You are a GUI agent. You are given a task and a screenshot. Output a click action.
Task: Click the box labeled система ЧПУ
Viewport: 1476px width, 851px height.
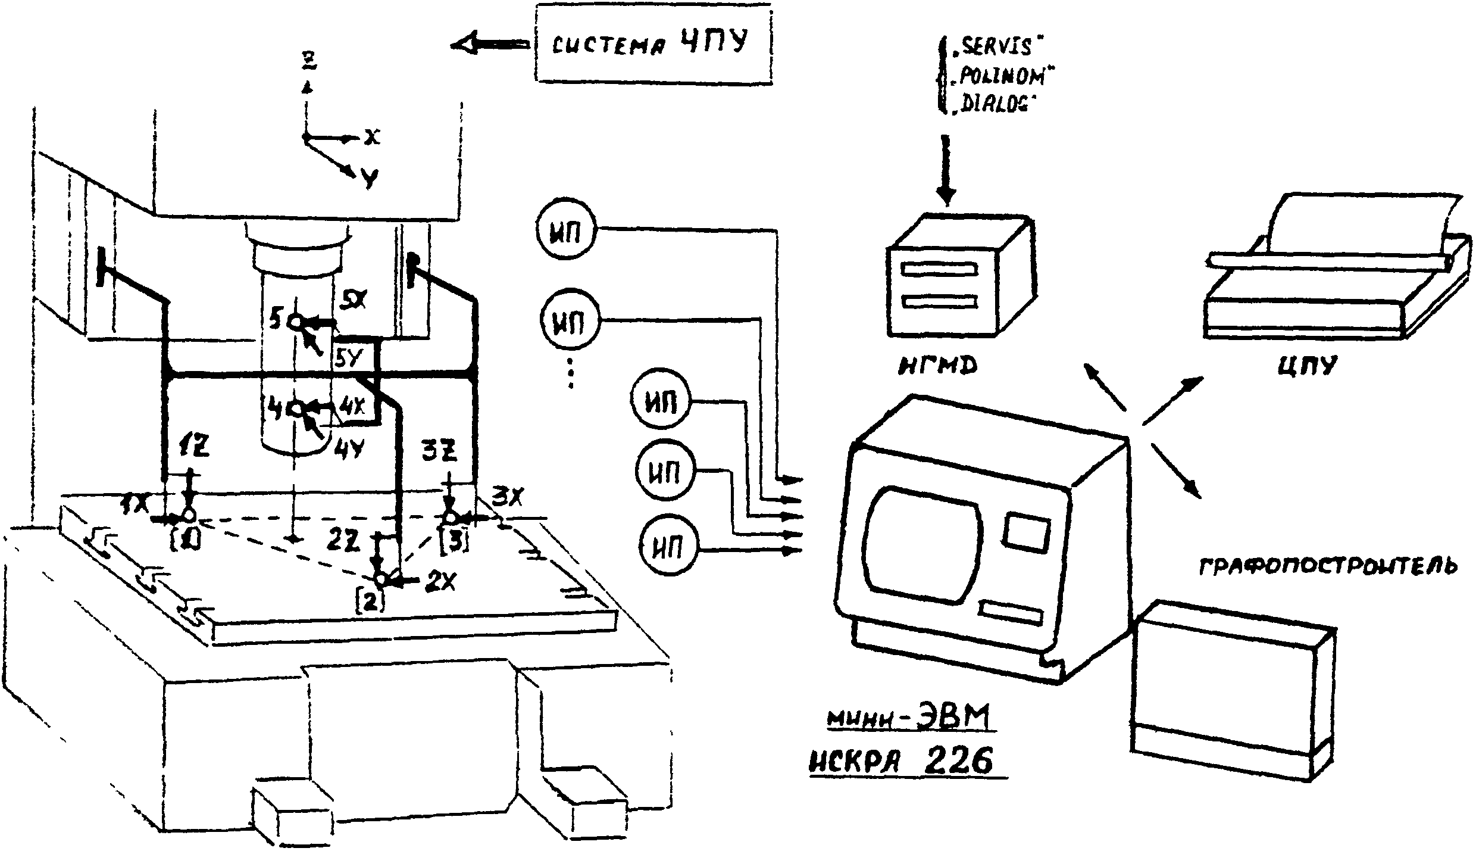653,44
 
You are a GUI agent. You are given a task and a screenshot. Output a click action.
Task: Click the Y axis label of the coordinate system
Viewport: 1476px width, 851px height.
370,177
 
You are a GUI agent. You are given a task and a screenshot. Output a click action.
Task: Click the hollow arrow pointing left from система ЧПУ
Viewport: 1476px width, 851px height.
489,45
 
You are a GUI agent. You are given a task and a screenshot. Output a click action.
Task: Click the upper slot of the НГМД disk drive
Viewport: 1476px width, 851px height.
940,269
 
